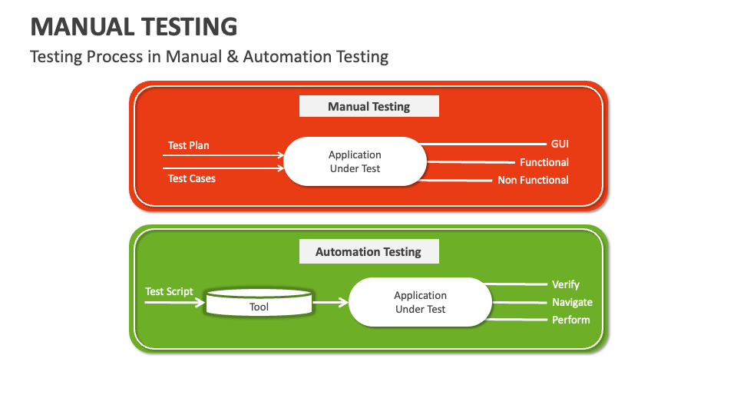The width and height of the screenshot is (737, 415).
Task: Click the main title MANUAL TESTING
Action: pyautogui.click(x=134, y=27)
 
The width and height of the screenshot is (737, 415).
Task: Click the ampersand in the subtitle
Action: pyautogui.click(x=232, y=56)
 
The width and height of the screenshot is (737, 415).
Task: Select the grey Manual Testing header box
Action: pyautogui.click(x=369, y=106)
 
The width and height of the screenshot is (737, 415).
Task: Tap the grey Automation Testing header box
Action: pyautogui.click(x=369, y=251)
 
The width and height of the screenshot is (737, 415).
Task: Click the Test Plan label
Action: pyautogui.click(x=189, y=145)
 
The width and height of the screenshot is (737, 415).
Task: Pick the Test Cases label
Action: pyautogui.click(x=192, y=178)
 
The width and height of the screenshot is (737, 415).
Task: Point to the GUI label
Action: pyautogui.click(x=560, y=144)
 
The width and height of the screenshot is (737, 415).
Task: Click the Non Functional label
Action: pyautogui.click(x=533, y=180)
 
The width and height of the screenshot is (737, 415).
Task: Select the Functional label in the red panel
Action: pyautogui.click(x=544, y=162)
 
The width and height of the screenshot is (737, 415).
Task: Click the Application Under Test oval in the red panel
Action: pyautogui.click(x=355, y=161)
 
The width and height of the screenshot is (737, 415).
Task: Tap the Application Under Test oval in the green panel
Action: pyautogui.click(x=420, y=302)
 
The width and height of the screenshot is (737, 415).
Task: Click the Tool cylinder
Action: pyautogui.click(x=259, y=302)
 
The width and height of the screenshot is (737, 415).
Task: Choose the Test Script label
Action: pyautogui.click(x=169, y=291)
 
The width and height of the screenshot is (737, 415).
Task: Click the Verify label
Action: pyautogui.click(x=566, y=284)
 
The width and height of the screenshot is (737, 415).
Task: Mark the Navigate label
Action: pyautogui.click(x=572, y=302)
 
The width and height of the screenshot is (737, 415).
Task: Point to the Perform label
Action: pyautogui.click(x=570, y=320)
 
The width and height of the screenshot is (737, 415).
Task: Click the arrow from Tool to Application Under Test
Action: pyautogui.click(x=330, y=302)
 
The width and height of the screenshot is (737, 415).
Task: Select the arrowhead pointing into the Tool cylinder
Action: pyautogui.click(x=200, y=302)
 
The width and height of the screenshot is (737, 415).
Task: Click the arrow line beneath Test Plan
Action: pyautogui.click(x=223, y=154)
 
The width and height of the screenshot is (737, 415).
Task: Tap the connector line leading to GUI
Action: pyautogui.click(x=483, y=144)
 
